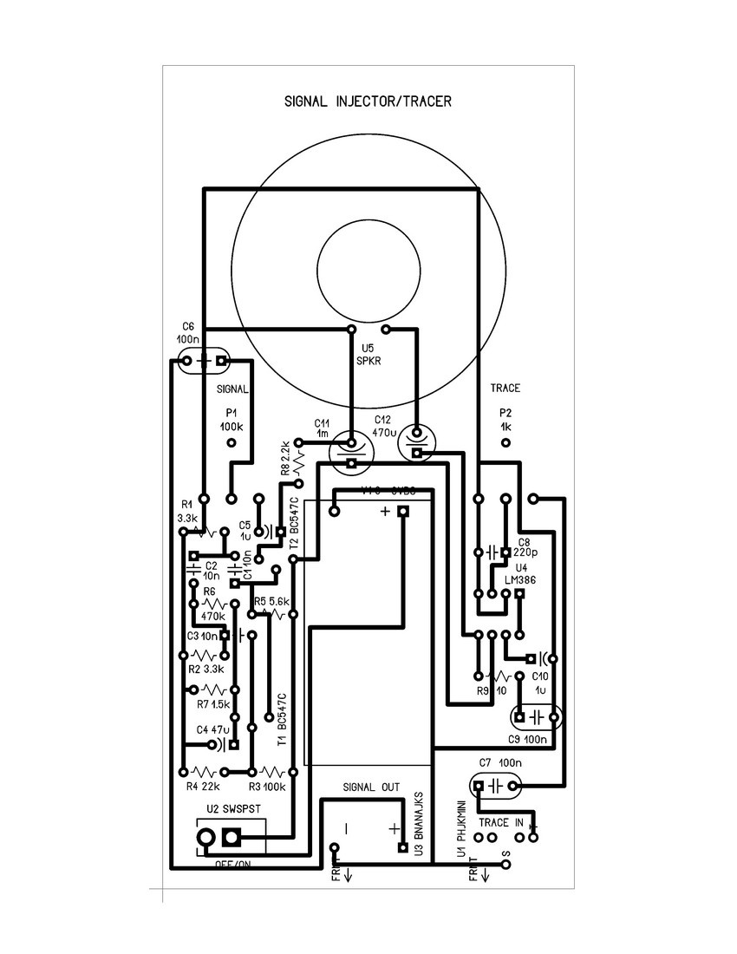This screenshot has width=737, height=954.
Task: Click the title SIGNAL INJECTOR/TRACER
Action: pyautogui.click(x=368, y=101)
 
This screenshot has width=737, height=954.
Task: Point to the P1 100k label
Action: pyautogui.click(x=231, y=421)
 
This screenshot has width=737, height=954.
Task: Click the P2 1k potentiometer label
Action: pyautogui.click(x=505, y=421)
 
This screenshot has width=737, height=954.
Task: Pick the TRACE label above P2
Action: pyautogui.click(x=504, y=389)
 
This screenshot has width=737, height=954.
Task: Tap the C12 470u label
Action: pyautogui.click(x=384, y=425)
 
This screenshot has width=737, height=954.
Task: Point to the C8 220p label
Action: pyautogui.click(x=525, y=546)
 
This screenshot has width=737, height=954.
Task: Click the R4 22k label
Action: pyautogui.click(x=203, y=787)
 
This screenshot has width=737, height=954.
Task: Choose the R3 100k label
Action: pyautogui.click(x=267, y=787)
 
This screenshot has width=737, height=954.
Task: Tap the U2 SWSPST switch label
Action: pyautogui.click(x=233, y=809)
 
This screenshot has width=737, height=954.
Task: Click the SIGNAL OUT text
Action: pyautogui.click(x=371, y=787)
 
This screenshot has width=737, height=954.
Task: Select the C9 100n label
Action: pyautogui.click(x=528, y=739)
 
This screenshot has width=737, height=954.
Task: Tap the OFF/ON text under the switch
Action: pyautogui.click(x=232, y=864)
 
